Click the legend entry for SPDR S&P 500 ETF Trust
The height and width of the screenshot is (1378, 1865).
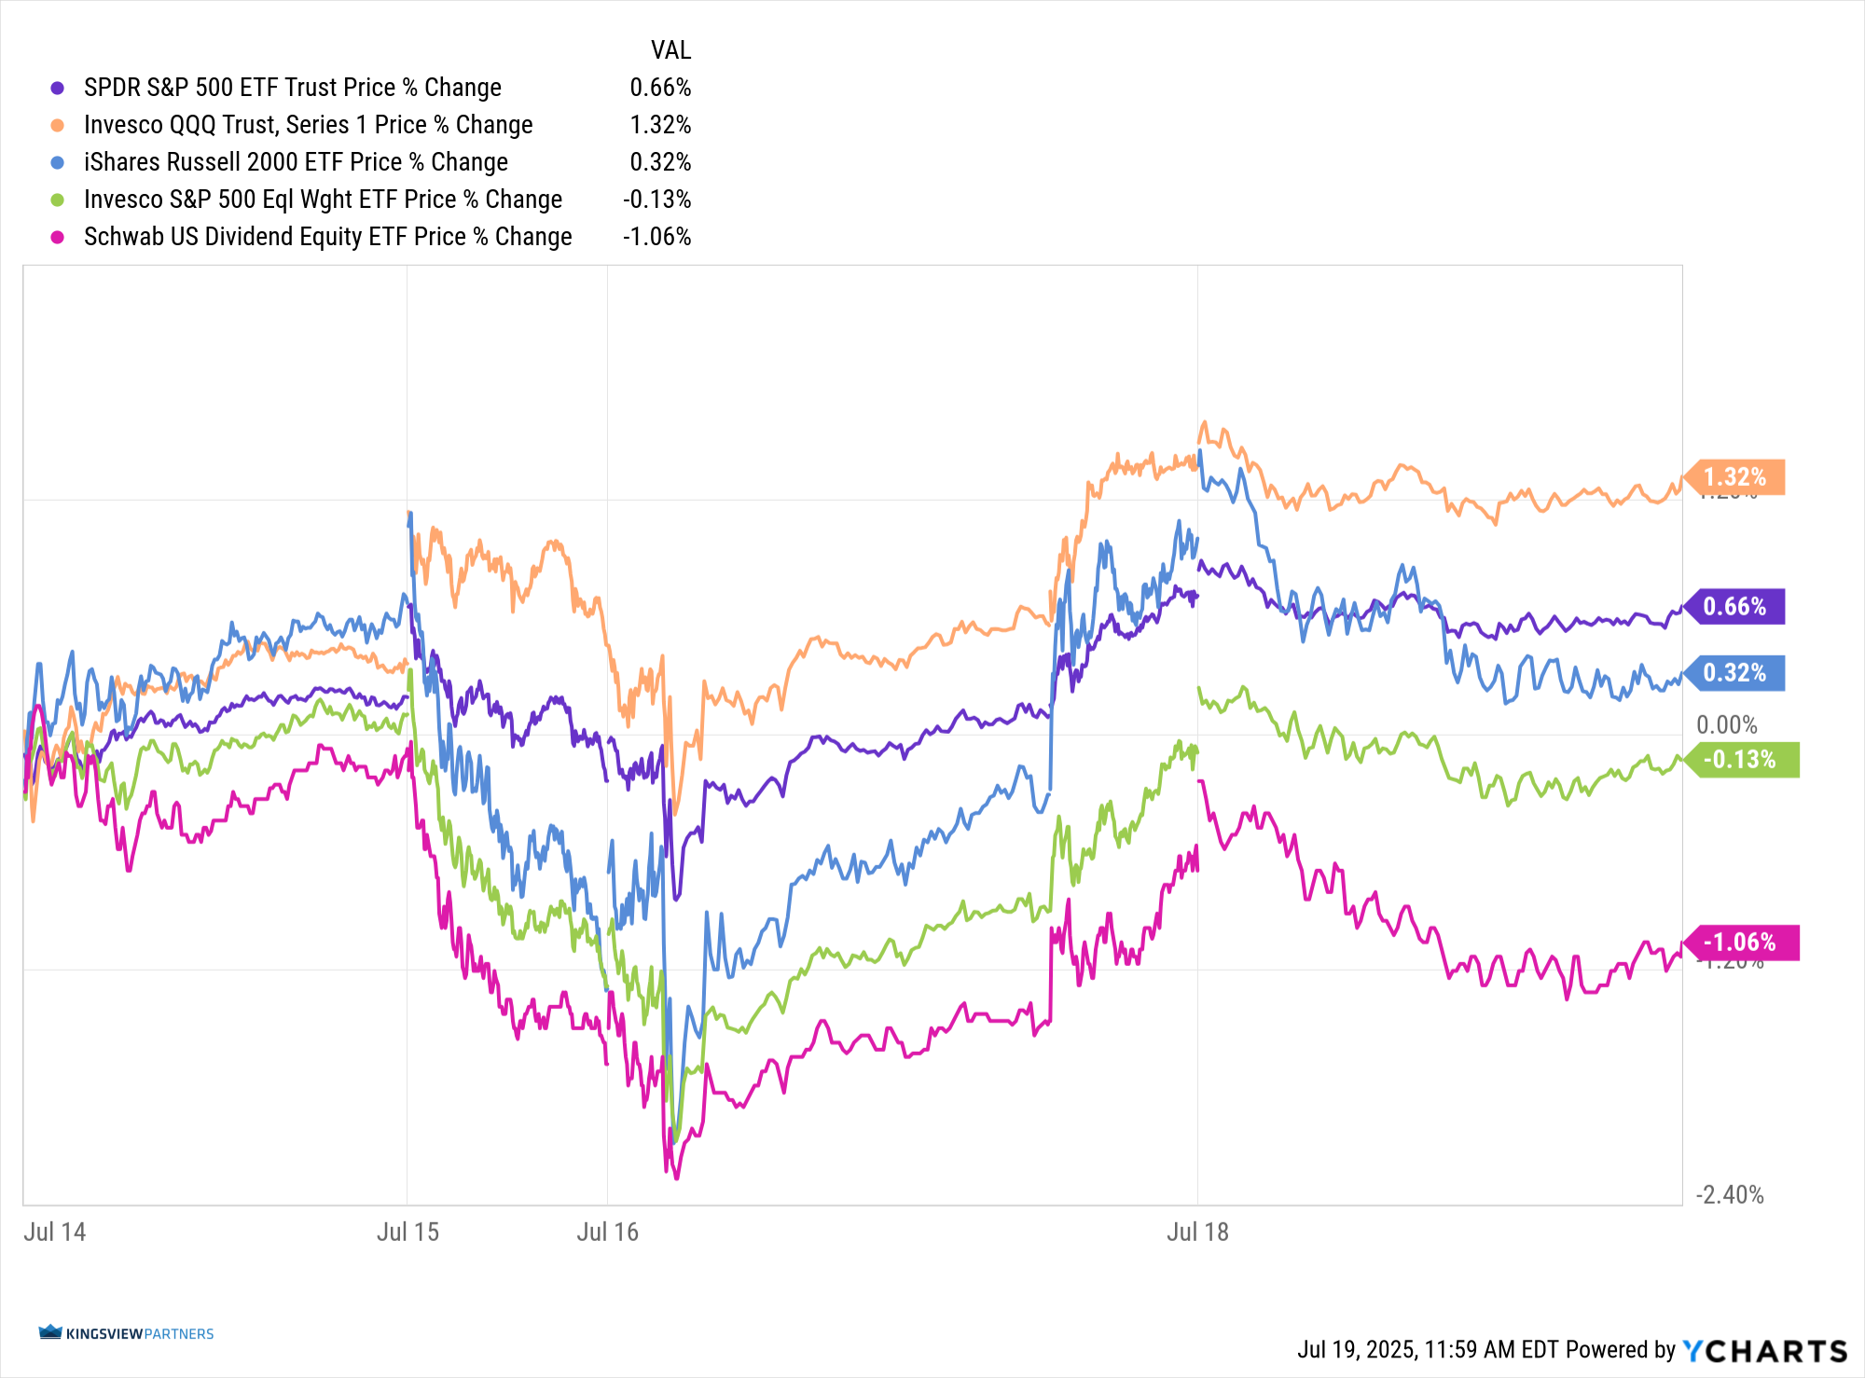coord(292,88)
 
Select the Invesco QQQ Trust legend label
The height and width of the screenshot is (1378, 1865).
coord(308,125)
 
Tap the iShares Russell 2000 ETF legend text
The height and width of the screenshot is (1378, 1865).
coord(296,162)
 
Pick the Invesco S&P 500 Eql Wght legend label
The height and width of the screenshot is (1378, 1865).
coord(323,200)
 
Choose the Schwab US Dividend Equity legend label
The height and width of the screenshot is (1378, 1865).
coord(327,237)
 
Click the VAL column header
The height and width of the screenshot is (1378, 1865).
coord(670,50)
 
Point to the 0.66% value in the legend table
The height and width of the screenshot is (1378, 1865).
coord(660,88)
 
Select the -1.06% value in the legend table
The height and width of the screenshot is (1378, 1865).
coord(656,237)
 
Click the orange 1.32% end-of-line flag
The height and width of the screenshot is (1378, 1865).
coord(1736,477)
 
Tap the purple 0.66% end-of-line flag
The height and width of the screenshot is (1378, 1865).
coord(1736,607)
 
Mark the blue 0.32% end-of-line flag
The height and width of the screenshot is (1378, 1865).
coord(1736,673)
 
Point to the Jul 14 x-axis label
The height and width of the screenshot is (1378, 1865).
coord(54,1233)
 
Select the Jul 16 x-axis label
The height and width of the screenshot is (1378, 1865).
coord(607,1233)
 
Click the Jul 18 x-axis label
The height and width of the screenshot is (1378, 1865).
coord(1197,1233)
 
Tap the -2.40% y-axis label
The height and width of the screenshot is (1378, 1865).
coord(1730,1195)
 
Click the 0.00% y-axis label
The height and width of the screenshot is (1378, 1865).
coord(1726,725)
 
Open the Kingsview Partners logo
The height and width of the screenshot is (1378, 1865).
coord(126,1333)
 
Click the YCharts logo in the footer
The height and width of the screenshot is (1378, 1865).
coord(1764,1350)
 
